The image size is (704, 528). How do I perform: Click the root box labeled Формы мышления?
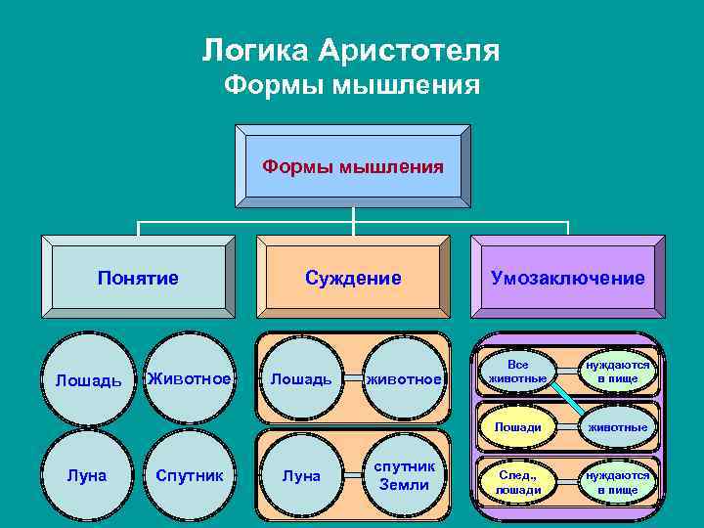(352, 166)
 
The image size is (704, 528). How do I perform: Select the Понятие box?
(138, 278)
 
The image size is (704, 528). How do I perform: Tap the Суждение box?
(352, 278)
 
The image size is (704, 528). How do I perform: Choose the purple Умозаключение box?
(567, 278)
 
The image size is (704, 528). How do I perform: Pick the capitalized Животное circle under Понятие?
(189, 379)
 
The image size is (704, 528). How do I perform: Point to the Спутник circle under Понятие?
(189, 476)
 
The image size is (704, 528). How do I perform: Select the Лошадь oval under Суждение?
(300, 379)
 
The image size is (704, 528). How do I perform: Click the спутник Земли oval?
(404, 476)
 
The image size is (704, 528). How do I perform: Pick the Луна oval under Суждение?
(300, 476)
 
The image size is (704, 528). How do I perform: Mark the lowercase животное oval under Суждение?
(404, 379)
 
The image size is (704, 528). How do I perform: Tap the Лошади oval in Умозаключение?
(517, 427)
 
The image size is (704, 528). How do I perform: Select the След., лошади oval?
(517, 482)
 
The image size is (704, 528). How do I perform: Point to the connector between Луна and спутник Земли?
(352, 476)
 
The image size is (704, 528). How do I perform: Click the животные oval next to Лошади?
(617, 427)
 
